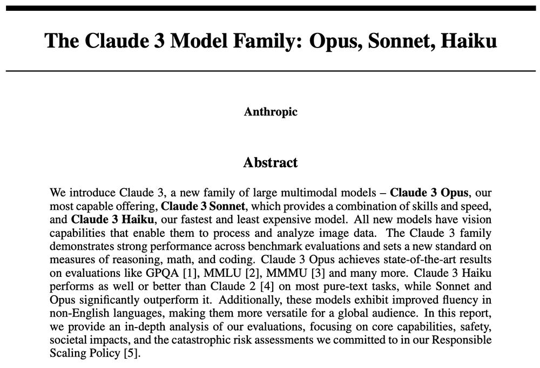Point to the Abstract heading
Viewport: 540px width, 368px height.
click(x=271, y=162)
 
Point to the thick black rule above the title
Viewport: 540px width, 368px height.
click(x=271, y=8)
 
